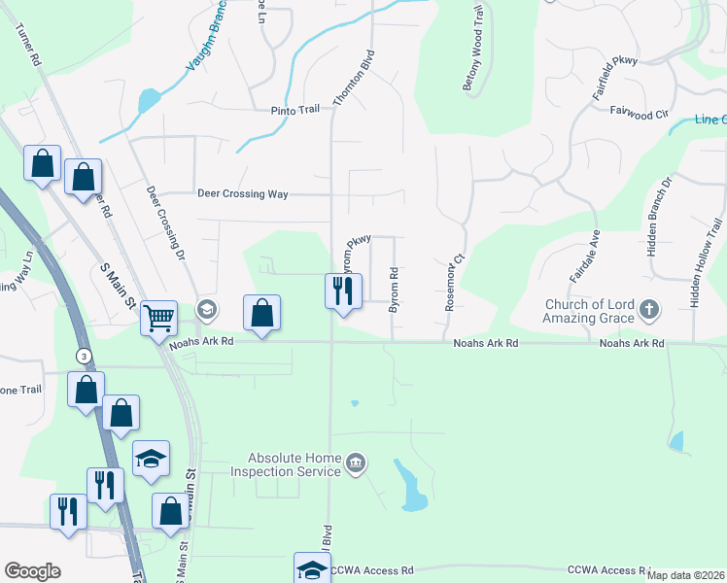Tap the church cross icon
[x=650, y=311]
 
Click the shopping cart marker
[x=158, y=317]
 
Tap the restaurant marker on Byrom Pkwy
[x=342, y=291]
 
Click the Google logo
[x=32, y=571]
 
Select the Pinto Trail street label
[x=294, y=110]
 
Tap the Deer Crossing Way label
[x=243, y=194]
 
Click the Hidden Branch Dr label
[x=653, y=217]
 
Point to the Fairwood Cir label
[x=640, y=113]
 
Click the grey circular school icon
[x=206, y=310]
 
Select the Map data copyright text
[x=685, y=575]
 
